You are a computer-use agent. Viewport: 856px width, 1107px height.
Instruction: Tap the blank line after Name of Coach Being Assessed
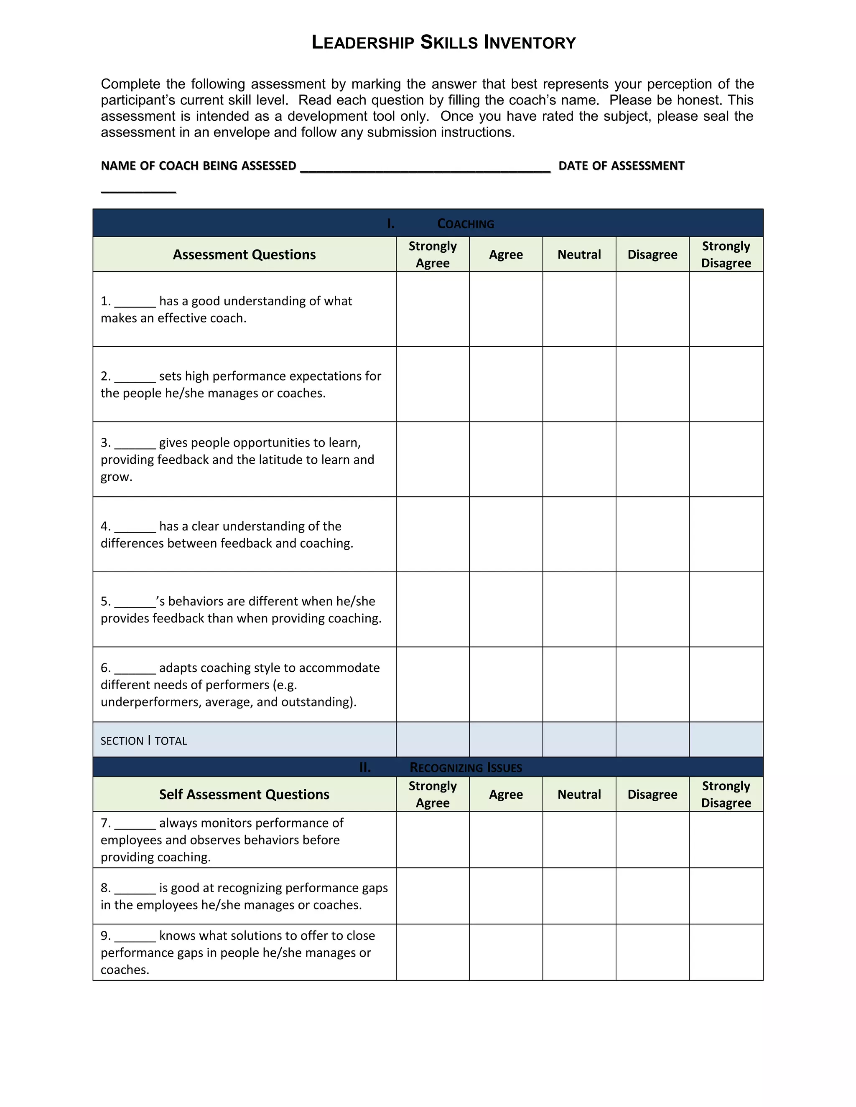point(425,167)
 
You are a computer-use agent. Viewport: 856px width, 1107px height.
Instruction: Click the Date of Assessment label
point(621,166)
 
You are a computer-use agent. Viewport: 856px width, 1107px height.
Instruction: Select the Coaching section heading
point(465,223)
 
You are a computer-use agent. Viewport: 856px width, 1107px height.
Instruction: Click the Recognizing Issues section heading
point(465,767)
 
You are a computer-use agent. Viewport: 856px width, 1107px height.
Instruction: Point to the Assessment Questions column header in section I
point(244,254)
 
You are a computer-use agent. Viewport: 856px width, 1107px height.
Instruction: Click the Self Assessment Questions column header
point(244,794)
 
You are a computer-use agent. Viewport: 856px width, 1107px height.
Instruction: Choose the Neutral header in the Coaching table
point(579,254)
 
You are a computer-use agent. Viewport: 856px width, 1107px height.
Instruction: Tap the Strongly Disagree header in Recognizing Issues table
point(726,794)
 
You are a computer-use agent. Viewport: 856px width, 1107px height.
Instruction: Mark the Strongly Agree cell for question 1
point(433,309)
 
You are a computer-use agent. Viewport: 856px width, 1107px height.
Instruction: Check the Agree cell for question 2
point(506,384)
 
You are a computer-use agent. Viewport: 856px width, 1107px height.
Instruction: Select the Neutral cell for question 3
point(579,459)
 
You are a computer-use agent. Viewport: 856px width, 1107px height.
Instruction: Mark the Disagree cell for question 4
point(652,534)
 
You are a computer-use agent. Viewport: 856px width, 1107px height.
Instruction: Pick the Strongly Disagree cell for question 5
point(726,609)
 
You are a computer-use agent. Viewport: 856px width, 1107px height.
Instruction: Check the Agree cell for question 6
point(506,684)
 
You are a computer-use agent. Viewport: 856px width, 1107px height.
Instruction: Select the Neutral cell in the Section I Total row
point(579,739)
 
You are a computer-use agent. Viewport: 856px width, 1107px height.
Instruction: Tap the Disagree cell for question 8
point(652,896)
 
